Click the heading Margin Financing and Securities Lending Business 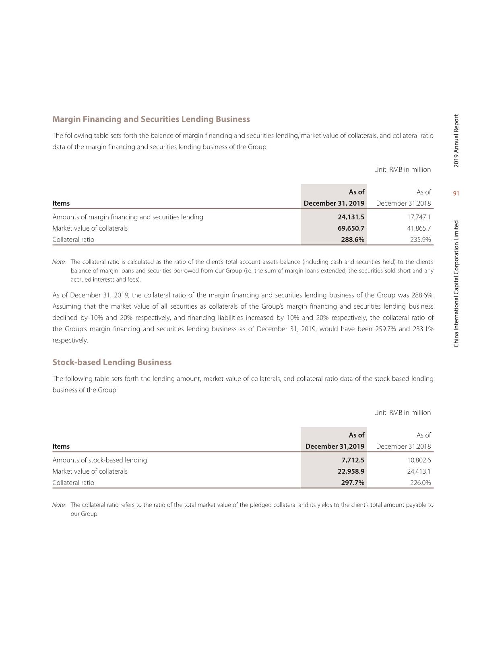coord(151,119)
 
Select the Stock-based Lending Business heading coord(112,362)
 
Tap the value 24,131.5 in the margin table coord(351,217)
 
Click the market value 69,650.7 coord(351,228)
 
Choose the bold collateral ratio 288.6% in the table coord(353,239)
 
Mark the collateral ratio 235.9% coord(421,239)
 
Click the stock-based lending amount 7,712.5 coord(353,460)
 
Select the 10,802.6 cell coord(419,460)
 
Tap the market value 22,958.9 coord(351,471)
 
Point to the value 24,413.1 coord(419,471)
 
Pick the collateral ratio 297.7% coord(353,483)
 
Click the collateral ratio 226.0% coord(421,483)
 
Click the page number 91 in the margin coord(456,194)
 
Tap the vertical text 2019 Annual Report coord(456,141)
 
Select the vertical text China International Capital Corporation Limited coord(456,284)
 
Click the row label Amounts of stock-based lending coord(99,460)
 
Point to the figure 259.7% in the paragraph coord(385,329)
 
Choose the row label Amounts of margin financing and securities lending coord(128,217)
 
